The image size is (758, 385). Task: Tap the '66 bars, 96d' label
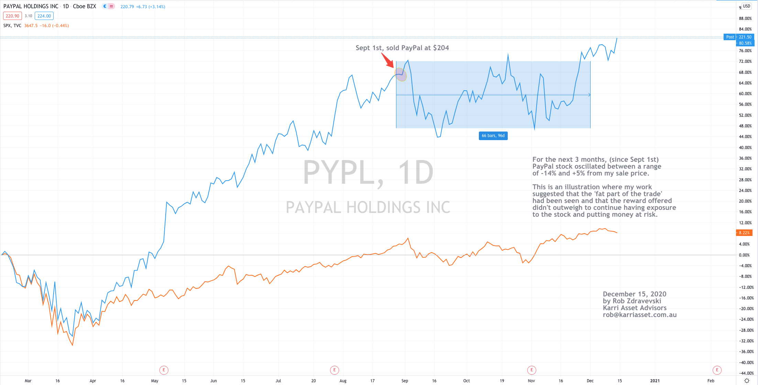click(493, 136)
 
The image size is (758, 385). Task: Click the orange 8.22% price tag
click(744, 233)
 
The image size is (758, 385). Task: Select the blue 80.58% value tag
click(745, 43)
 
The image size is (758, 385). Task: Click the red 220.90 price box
click(12, 16)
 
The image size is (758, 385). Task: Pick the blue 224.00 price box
click(44, 16)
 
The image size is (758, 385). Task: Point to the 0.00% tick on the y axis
click(744, 255)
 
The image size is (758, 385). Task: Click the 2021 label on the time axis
click(655, 381)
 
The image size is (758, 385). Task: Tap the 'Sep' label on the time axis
click(405, 381)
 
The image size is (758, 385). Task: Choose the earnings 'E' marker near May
click(164, 370)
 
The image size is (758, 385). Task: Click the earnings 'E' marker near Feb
click(717, 370)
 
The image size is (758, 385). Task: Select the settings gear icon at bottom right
click(747, 381)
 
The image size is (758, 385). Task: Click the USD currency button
click(746, 6)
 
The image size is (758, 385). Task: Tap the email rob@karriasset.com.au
click(639, 315)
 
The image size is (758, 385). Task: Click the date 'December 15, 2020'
click(634, 294)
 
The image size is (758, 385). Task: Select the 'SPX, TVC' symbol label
click(12, 26)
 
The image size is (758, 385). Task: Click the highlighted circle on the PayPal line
click(401, 75)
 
